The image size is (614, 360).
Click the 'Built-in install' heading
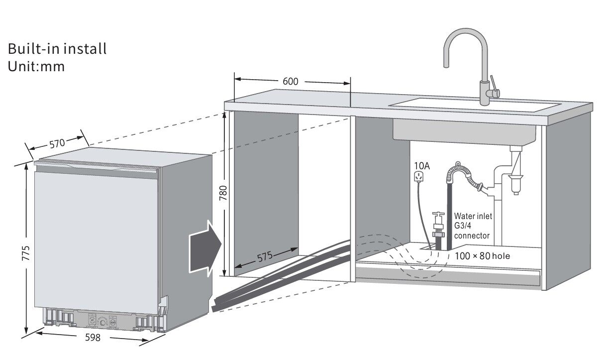click(x=57, y=49)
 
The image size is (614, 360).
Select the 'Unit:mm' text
click(x=36, y=66)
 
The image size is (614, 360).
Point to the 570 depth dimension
click(x=57, y=143)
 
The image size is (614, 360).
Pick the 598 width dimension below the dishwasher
click(x=93, y=338)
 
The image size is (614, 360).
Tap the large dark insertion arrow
click(x=205, y=246)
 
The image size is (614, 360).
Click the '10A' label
click(x=421, y=165)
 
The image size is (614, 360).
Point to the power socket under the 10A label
click(x=419, y=176)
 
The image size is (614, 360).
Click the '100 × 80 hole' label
click(x=483, y=256)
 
